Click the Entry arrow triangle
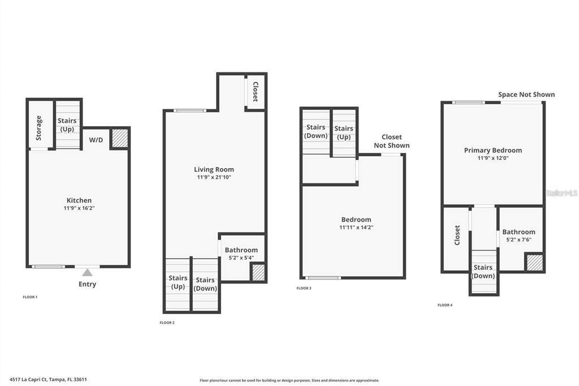pos(87,273)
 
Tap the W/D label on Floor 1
pos(96,140)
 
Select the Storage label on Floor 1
pos(39,128)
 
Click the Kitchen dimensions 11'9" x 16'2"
pos(79,208)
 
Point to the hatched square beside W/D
pos(120,138)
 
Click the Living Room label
pos(214,169)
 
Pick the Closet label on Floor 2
pos(255,92)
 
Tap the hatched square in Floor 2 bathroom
pos(258,272)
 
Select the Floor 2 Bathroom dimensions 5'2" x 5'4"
pos(241,258)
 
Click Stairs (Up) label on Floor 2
pos(178,282)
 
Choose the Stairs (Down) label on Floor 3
pos(316,131)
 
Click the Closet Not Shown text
pos(392,141)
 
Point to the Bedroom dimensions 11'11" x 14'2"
pos(356,228)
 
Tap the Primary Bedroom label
pos(493,150)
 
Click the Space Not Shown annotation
pos(526,95)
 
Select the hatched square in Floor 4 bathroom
pos(535,263)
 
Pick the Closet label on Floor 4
pos(457,235)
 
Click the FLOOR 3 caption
pos(304,289)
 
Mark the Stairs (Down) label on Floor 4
pos(483,271)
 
